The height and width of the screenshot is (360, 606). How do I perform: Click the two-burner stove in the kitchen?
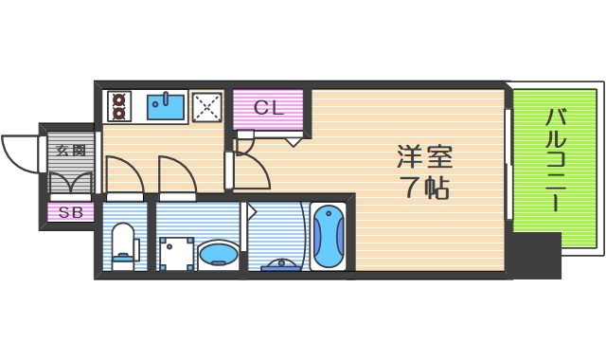pyautogui.click(x=120, y=106)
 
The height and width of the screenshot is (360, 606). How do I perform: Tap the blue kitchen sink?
pyautogui.click(x=167, y=107)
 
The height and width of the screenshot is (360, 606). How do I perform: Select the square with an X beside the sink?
pyautogui.click(x=206, y=107)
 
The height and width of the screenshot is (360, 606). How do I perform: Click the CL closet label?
pyautogui.click(x=268, y=108)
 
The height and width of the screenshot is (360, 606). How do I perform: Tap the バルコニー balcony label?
pyautogui.click(x=556, y=161)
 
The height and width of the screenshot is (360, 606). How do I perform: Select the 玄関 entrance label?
pyautogui.click(x=71, y=150)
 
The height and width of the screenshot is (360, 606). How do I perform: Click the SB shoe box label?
pyautogui.click(x=71, y=213)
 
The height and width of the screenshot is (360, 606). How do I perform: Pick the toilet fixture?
pyautogui.click(x=124, y=244)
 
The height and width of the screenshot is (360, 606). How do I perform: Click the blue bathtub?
pyautogui.click(x=328, y=237)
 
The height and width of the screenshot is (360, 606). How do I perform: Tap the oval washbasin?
pyautogui.click(x=217, y=253)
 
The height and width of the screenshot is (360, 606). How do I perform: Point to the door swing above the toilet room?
pyautogui.click(x=124, y=174)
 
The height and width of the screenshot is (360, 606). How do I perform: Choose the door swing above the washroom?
pyautogui.click(x=178, y=174)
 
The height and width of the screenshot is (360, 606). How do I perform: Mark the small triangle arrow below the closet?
pyautogui.click(x=294, y=142)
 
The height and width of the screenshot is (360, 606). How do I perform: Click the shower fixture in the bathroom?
pyautogui.click(x=279, y=264)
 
